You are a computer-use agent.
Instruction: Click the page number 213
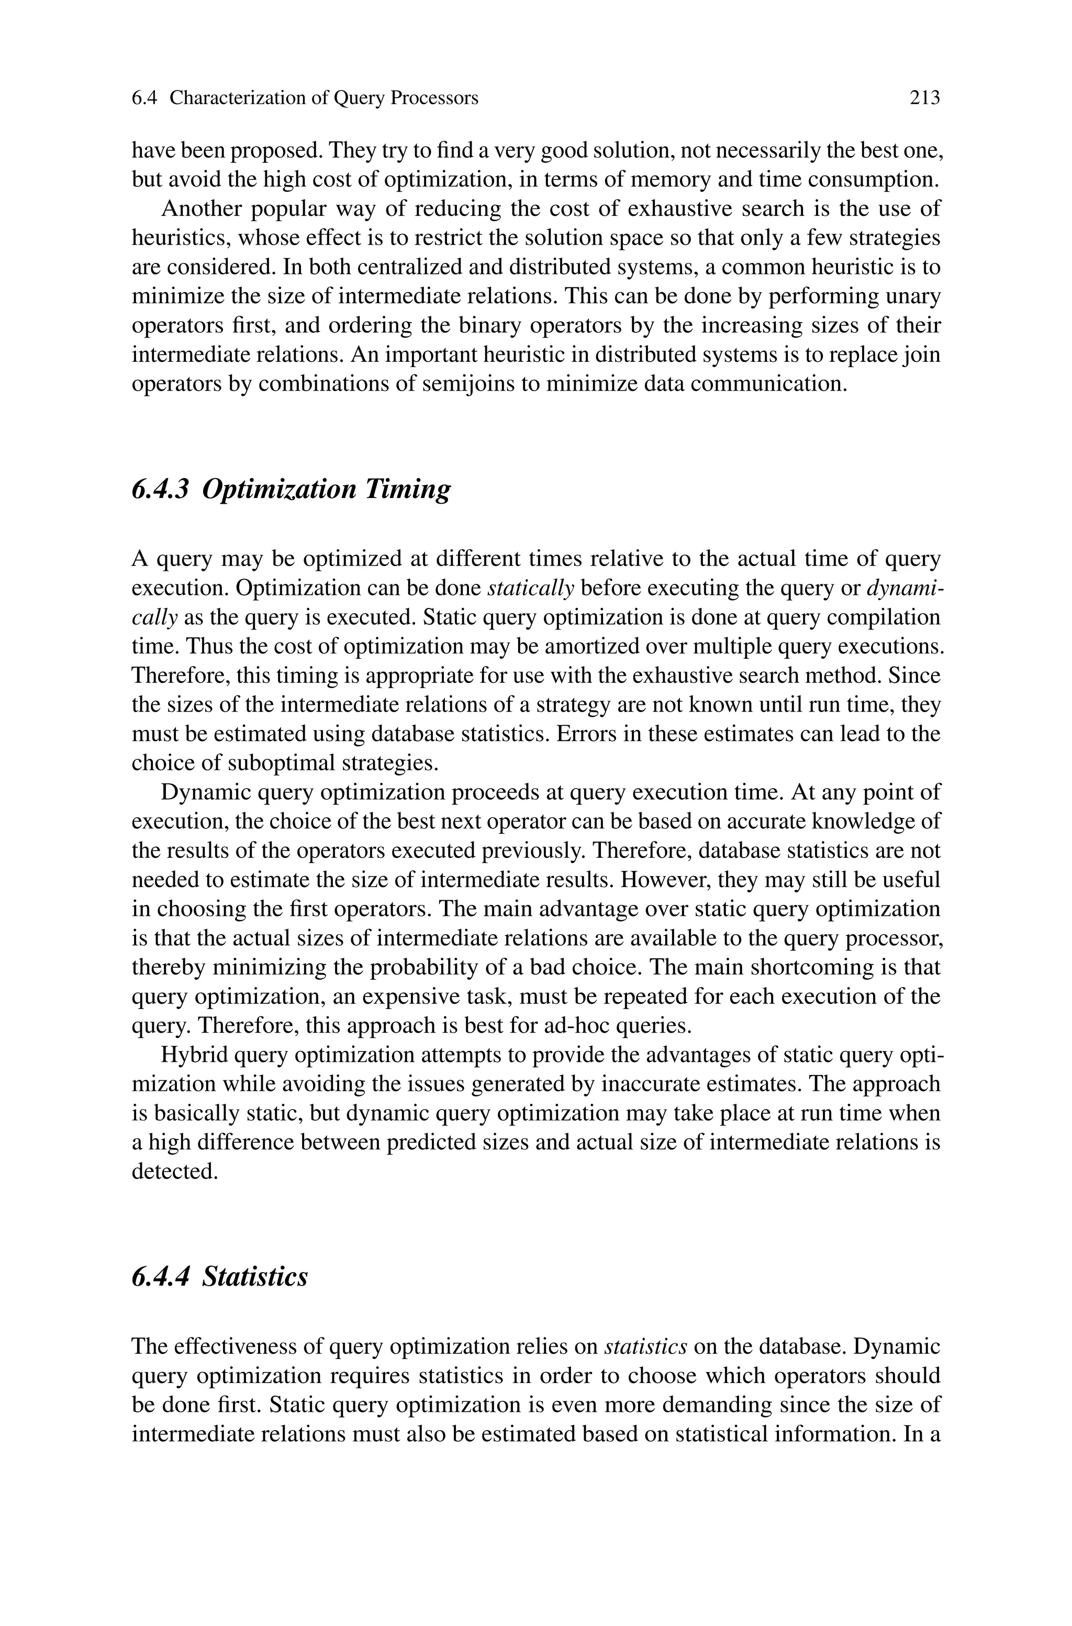pyautogui.click(x=924, y=98)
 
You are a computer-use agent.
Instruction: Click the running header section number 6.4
pyautogui.click(x=144, y=98)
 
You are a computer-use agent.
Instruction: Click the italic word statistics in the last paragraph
pyautogui.click(x=646, y=1346)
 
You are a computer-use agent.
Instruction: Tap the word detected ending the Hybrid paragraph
pyautogui.click(x=174, y=1172)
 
